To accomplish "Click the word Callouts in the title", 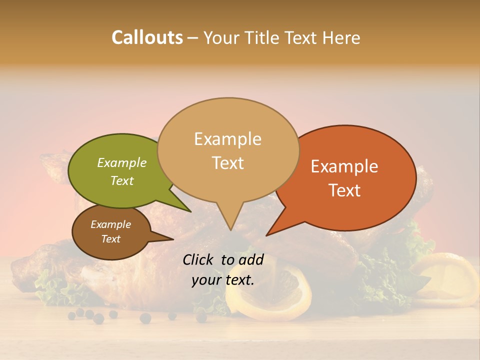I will pos(147,38).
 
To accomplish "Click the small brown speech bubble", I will pos(111,232).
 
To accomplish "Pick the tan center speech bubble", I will pos(228,150).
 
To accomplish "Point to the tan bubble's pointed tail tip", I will pos(230,229).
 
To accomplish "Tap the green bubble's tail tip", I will pos(190,211).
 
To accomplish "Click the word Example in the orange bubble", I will pos(344,166).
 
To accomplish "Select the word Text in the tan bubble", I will pos(228,163).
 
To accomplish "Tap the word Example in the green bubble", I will pos(121,163).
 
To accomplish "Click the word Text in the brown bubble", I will pos(111,239).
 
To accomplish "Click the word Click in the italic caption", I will pos(198,259).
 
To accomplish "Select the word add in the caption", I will pos(251,259).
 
